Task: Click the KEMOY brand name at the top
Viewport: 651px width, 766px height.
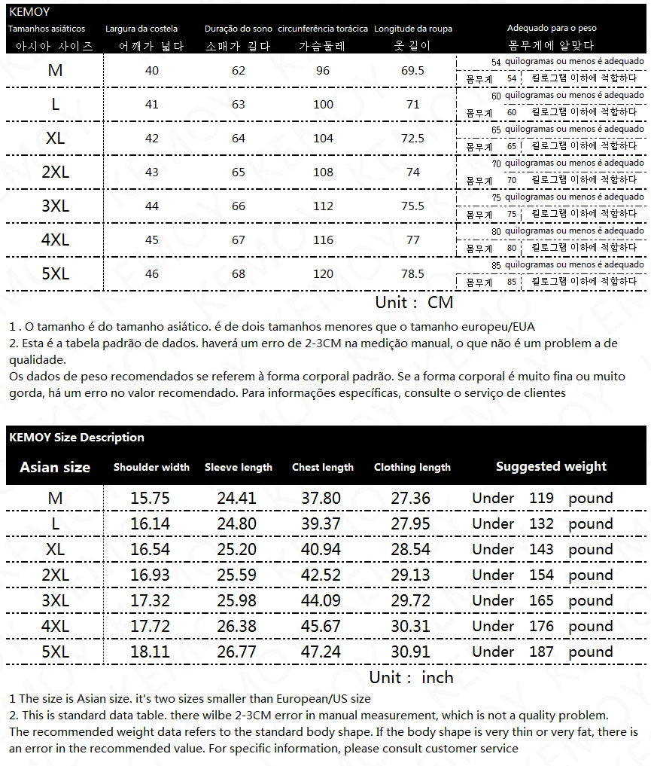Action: (x=29, y=12)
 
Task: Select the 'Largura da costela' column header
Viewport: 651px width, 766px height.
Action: (x=141, y=29)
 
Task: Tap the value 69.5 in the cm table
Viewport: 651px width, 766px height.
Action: (x=413, y=71)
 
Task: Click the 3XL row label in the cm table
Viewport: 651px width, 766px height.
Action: (x=55, y=206)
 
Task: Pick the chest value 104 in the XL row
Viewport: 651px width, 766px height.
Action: (x=323, y=139)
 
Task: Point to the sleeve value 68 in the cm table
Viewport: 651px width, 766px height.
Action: (x=239, y=274)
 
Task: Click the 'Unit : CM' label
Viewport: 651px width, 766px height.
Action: (x=414, y=303)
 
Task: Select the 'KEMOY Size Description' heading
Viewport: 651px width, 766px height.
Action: (x=77, y=438)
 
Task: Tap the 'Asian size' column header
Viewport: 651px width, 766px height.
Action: (x=55, y=467)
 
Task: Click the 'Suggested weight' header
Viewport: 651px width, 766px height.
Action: (x=551, y=466)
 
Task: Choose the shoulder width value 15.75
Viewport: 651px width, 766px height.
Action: (x=150, y=499)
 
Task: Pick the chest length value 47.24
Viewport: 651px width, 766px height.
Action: (x=321, y=652)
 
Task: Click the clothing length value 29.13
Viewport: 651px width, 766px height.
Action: (x=411, y=575)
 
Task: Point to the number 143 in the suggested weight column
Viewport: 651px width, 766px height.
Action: (x=541, y=550)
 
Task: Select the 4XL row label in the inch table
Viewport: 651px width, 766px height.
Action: (x=55, y=627)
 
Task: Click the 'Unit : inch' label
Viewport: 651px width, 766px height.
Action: (x=411, y=677)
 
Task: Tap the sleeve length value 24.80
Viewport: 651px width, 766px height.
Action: (x=236, y=524)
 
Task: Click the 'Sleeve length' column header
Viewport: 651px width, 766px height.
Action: (x=239, y=468)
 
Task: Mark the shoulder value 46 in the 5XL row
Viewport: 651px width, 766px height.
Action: (x=152, y=274)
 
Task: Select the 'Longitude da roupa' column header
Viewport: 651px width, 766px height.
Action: (x=413, y=29)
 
